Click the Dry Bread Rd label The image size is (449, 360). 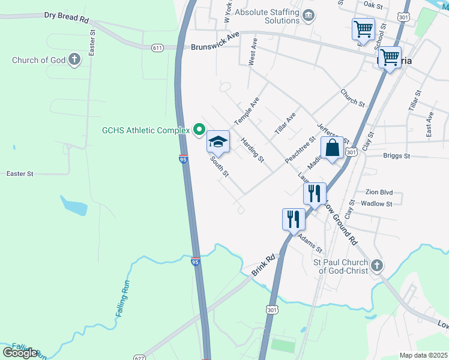[x=66, y=16]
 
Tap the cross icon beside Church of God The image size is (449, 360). [x=74, y=59]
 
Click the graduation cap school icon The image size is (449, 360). [x=218, y=142]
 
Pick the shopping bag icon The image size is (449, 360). [x=332, y=148]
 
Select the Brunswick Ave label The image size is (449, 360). [x=215, y=47]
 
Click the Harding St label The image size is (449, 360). [x=252, y=149]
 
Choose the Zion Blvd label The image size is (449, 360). [x=379, y=193]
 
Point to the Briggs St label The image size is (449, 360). [x=396, y=155]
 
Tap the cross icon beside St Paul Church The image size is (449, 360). [x=376, y=265]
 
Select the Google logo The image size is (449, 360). [x=20, y=352]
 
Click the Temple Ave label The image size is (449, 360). [x=246, y=111]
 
